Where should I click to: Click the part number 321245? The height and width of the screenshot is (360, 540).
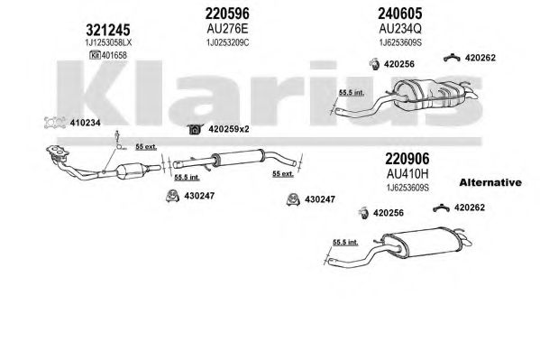108,30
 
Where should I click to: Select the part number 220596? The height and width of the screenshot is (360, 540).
227,14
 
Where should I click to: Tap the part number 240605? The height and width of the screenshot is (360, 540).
400,14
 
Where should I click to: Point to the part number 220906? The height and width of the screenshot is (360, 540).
407,159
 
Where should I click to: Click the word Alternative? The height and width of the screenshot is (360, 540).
490,182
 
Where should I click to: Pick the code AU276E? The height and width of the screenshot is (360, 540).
227,29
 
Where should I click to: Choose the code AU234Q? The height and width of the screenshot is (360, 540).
400,29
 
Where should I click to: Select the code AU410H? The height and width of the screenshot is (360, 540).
407,174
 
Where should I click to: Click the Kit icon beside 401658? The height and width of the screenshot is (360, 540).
95,55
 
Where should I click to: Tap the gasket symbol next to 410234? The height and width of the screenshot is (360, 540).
55,123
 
